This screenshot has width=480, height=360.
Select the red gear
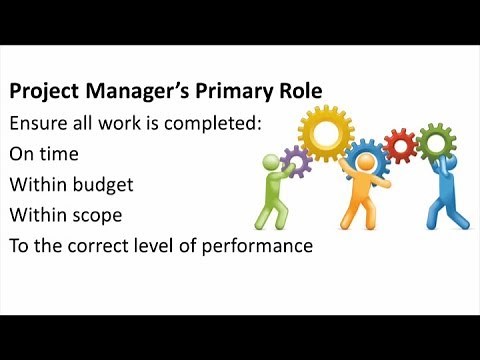400,148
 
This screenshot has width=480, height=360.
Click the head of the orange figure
363,164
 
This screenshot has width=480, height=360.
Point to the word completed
191,124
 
